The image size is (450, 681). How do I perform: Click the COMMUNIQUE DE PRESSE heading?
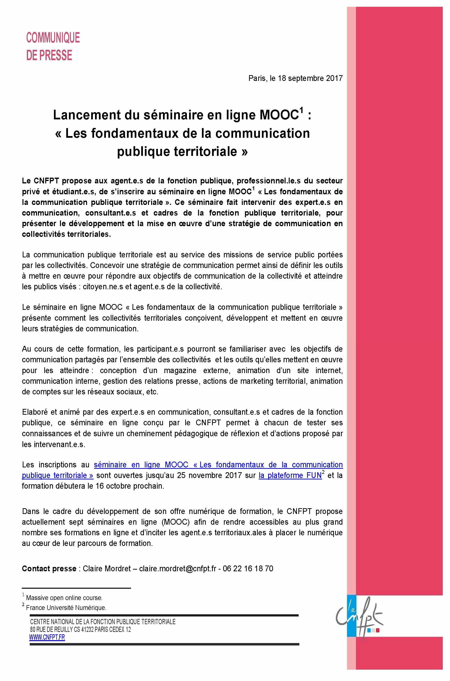52,46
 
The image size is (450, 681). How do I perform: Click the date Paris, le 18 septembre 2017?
295,78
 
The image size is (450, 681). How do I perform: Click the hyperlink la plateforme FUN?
290,475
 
